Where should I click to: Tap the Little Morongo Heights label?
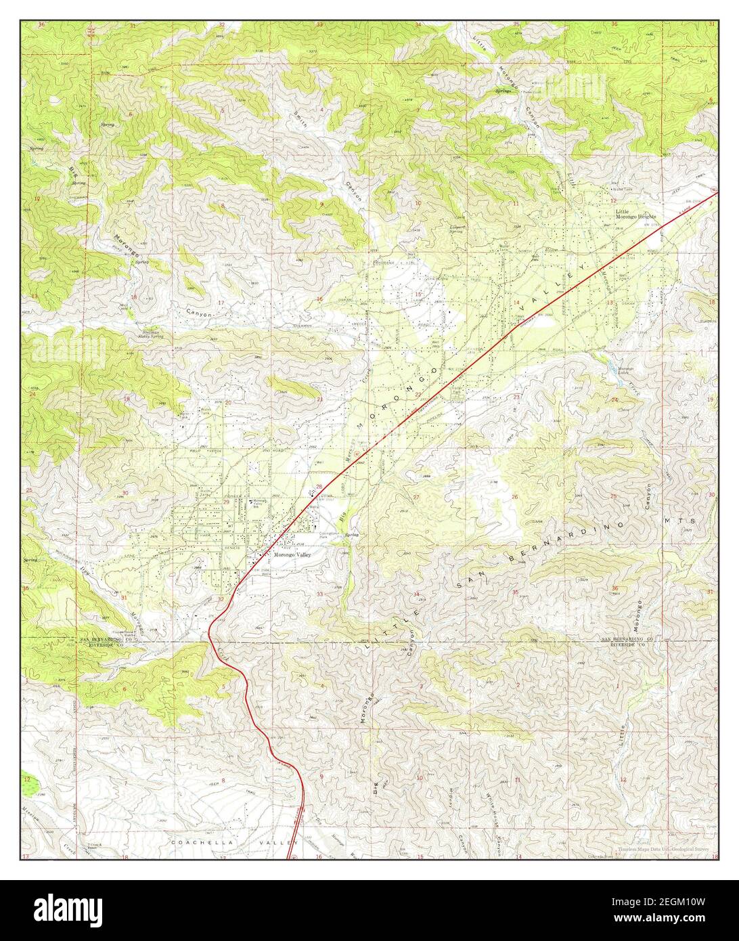635,214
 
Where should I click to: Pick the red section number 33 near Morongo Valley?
319,594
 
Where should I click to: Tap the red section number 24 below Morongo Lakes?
614,400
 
